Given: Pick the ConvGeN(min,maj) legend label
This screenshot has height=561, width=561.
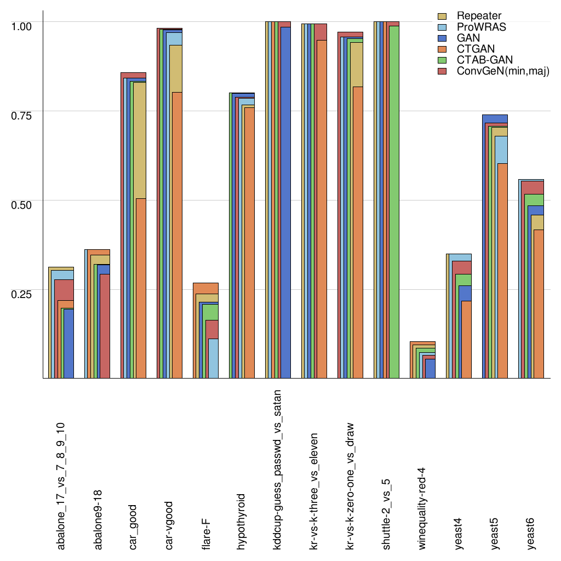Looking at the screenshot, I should [503, 72].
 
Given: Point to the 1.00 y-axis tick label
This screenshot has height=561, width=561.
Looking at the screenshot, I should [22, 26].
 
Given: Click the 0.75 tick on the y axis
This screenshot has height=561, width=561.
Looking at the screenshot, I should [22, 116].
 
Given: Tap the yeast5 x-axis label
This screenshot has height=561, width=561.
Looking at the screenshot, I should [494, 532].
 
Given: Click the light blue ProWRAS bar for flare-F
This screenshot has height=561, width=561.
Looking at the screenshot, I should [213, 358].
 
